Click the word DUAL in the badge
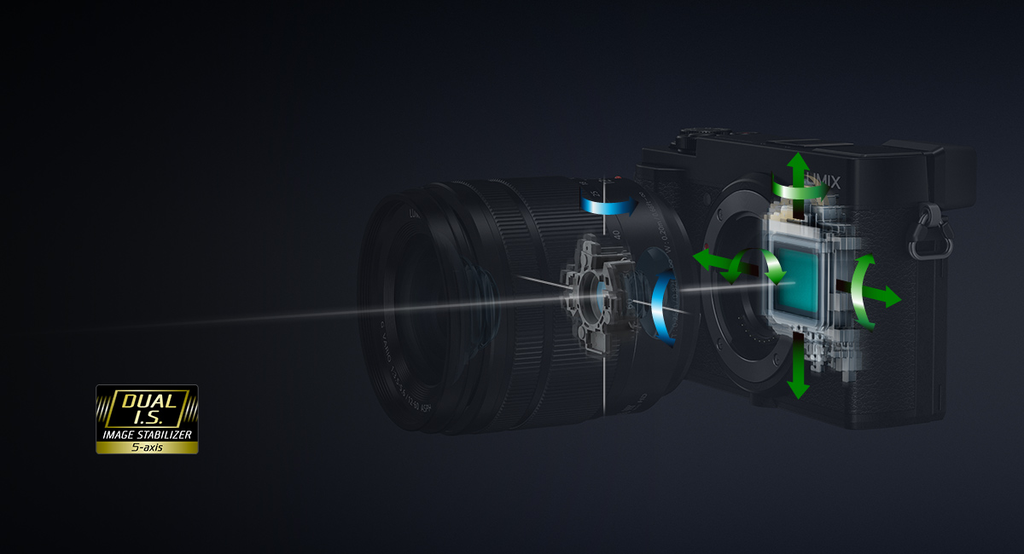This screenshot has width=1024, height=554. (148, 400)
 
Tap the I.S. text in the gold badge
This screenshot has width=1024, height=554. (148, 418)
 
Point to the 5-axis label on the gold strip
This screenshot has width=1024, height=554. (147, 446)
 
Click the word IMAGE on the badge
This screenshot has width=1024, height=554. (118, 435)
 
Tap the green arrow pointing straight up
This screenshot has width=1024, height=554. (798, 165)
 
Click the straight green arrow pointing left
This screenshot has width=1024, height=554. (707, 259)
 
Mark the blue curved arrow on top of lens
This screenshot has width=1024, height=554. (608, 204)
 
